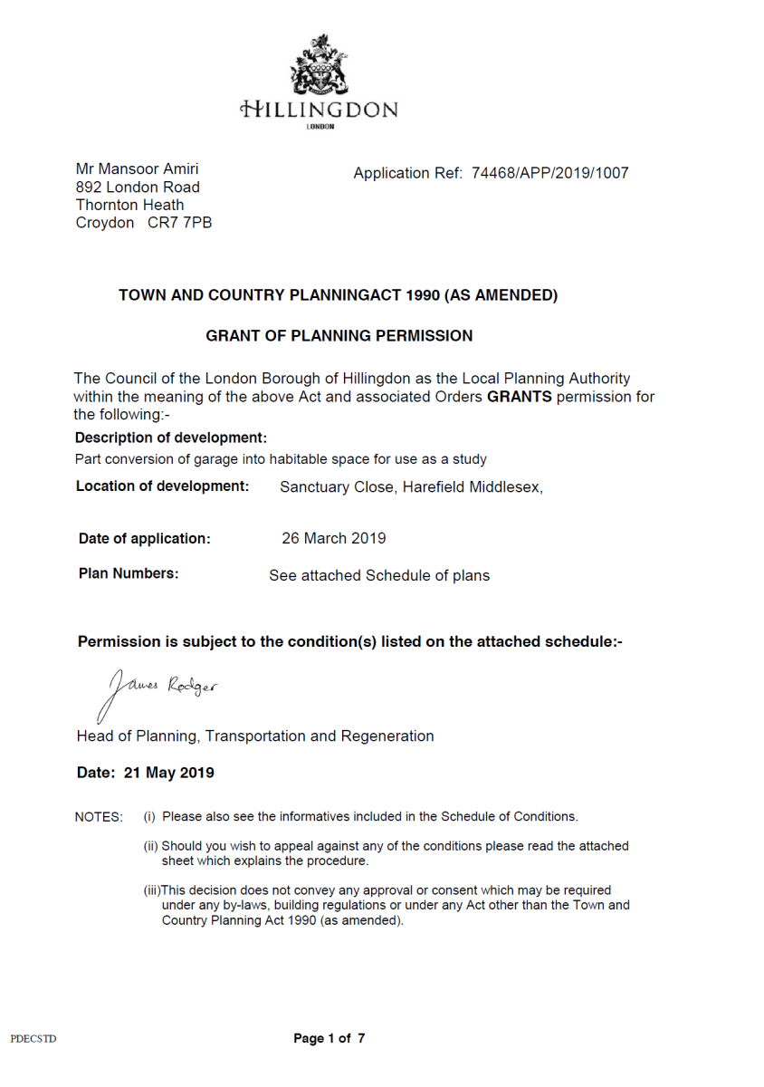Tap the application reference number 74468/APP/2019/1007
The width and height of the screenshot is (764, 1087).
(549, 173)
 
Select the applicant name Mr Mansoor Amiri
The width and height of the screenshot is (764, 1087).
(137, 169)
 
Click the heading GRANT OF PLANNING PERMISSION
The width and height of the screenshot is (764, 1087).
(339, 336)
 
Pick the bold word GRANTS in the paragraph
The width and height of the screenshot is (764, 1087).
(519, 397)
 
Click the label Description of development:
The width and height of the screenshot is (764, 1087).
(171, 438)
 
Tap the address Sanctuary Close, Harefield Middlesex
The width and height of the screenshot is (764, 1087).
(411, 487)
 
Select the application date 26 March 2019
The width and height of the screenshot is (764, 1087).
(333, 538)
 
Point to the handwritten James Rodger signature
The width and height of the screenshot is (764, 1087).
(160, 691)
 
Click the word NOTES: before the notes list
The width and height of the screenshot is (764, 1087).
(99, 817)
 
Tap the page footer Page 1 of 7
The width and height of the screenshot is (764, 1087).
(329, 1038)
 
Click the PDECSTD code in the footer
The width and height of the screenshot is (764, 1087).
(33, 1038)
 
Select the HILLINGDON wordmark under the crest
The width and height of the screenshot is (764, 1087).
(318, 111)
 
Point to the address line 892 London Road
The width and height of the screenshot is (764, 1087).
(138, 188)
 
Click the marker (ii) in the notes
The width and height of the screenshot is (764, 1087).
(151, 846)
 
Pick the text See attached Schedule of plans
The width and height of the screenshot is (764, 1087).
(378, 575)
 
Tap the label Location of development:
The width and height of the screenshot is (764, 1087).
(162, 486)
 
